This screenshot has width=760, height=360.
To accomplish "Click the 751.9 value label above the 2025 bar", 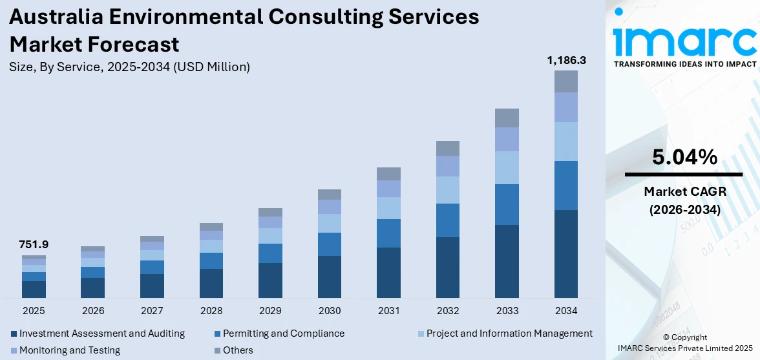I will (34, 245).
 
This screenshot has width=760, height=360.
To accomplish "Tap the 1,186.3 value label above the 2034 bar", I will (566, 60).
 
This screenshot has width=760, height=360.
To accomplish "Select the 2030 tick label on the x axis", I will (330, 311).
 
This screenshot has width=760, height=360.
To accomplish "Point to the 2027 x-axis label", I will (152, 311).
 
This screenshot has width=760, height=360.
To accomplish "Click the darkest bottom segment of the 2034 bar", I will (566, 253).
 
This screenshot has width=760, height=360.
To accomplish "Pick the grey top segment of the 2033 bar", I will (507, 118).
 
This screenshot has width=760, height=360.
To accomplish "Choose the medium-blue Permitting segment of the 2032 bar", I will (447, 220).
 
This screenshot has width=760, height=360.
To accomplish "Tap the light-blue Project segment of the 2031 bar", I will (388, 208).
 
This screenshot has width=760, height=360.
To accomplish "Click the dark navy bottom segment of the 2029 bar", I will (270, 280).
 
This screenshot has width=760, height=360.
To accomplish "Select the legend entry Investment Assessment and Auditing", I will (101, 334).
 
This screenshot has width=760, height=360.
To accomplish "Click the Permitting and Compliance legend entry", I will (283, 334).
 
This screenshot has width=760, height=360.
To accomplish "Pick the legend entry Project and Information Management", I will (509, 334).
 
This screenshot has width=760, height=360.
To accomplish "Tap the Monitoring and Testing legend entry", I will (69, 350).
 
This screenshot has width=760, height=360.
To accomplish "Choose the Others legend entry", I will (238, 350).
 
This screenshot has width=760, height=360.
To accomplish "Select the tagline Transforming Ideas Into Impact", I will (684, 64).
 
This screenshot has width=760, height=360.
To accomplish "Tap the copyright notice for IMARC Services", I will (684, 343).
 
